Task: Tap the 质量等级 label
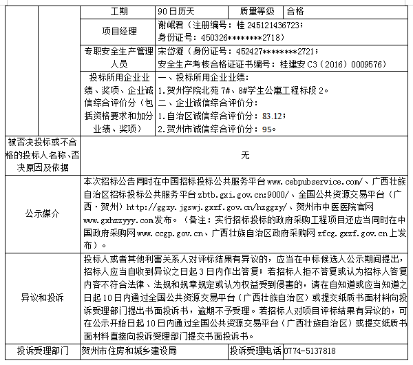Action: tap(239, 12)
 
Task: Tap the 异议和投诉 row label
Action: tap(42, 298)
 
